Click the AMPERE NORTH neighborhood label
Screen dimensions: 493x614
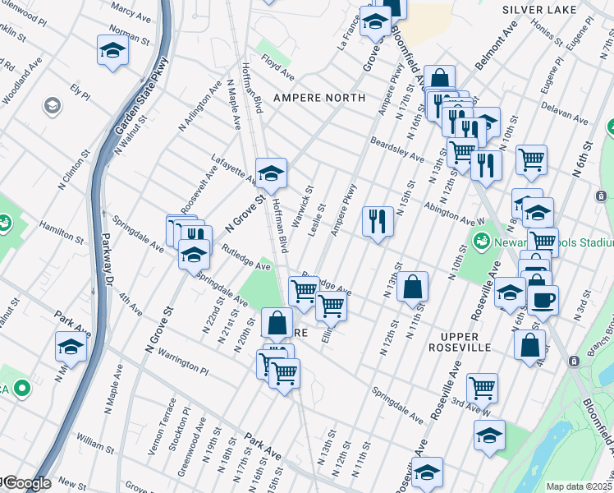pos(318,98)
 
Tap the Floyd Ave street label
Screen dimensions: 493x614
pos(277,67)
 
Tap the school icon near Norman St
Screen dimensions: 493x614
pos(112,50)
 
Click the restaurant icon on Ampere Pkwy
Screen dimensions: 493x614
pos(378,221)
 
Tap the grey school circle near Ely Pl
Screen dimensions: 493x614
pos(53,105)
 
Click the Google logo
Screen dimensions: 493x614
pos(25,483)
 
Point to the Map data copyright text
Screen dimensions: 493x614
pos(579,486)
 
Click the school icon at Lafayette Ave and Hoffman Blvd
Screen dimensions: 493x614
pos(271,173)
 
